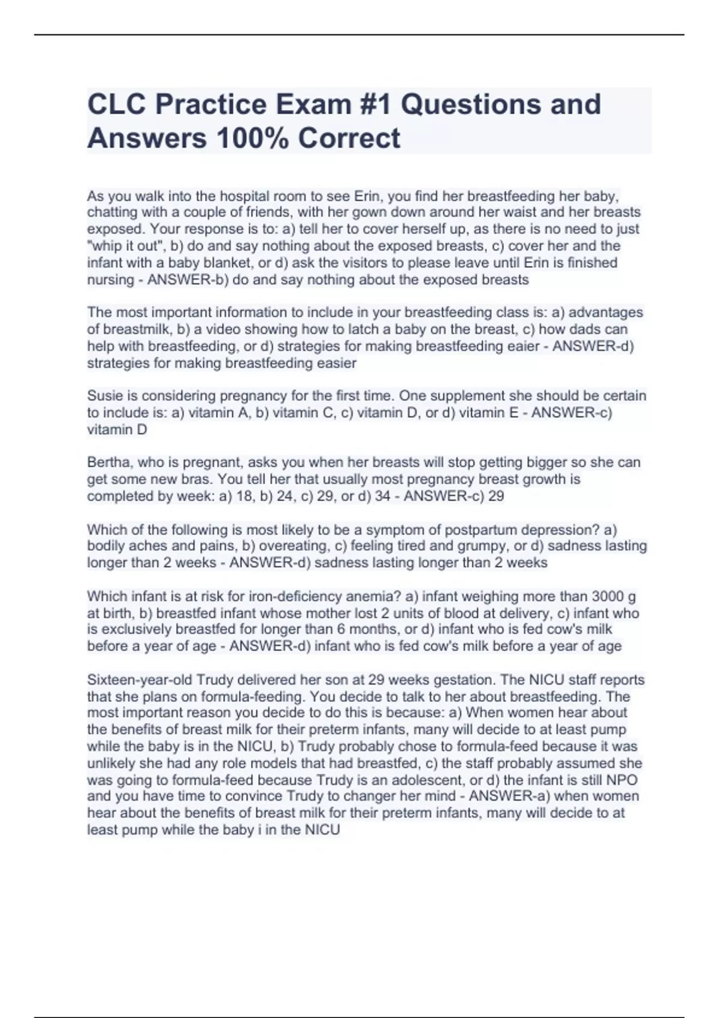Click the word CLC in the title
[116, 104]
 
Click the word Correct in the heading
[349, 138]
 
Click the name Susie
[105, 396]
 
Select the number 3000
[608, 596]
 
